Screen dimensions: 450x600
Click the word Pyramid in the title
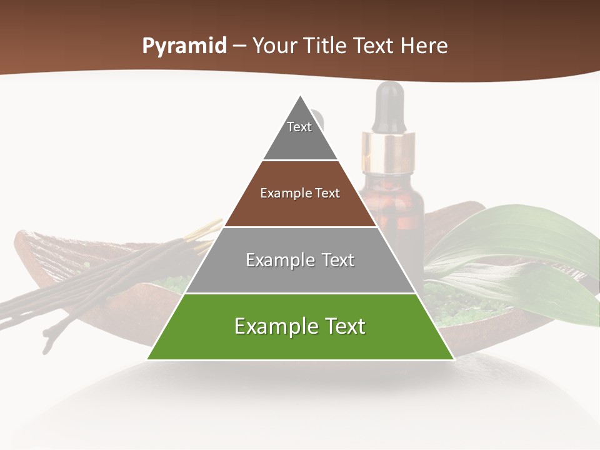pos(184,46)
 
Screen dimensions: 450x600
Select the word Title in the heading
pos(324,46)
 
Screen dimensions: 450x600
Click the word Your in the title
pos(274,46)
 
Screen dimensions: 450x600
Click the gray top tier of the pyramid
pos(300,141)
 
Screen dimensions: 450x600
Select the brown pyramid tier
pos(300,209)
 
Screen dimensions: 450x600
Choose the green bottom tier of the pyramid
pos(300,344)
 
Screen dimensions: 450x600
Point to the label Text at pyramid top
pos(299,127)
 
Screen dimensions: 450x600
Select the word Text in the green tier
pos(344,326)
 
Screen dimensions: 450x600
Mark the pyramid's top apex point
pos(301,96)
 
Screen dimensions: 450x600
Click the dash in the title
pos(239,46)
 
